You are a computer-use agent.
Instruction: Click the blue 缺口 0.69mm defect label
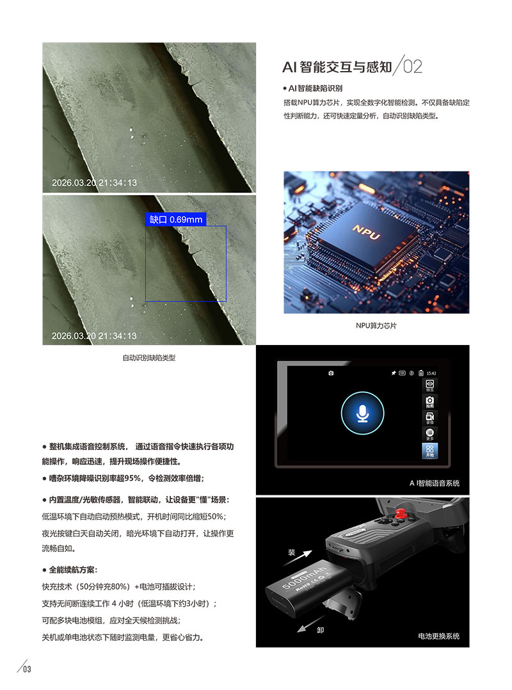(x=176, y=220)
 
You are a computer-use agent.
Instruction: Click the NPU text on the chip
(x=366, y=232)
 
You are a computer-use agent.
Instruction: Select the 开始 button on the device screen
(x=430, y=451)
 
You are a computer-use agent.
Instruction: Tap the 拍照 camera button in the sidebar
(x=430, y=402)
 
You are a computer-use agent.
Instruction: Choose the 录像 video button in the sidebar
(x=430, y=418)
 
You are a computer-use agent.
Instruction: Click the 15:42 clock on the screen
(x=431, y=373)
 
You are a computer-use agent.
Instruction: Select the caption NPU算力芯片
(x=376, y=326)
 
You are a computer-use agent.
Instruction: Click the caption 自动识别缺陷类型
(x=148, y=358)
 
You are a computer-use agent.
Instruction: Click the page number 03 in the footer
(x=27, y=670)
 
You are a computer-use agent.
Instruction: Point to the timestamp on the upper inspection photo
(x=94, y=183)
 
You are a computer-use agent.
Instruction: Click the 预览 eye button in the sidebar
(x=430, y=385)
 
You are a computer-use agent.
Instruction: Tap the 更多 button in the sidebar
(x=430, y=435)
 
